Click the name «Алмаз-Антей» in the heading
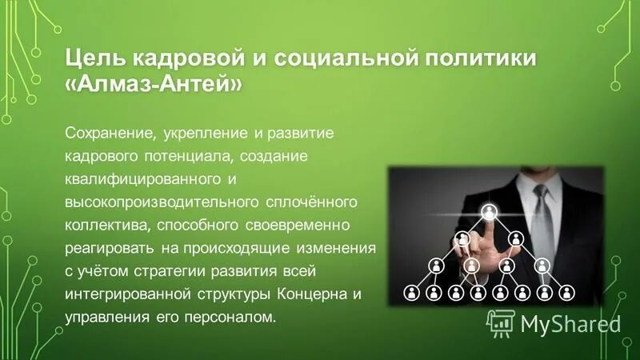click(x=151, y=84)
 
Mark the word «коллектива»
click(x=104, y=218)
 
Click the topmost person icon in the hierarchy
click(x=489, y=212)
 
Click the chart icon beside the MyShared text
click(x=501, y=322)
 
